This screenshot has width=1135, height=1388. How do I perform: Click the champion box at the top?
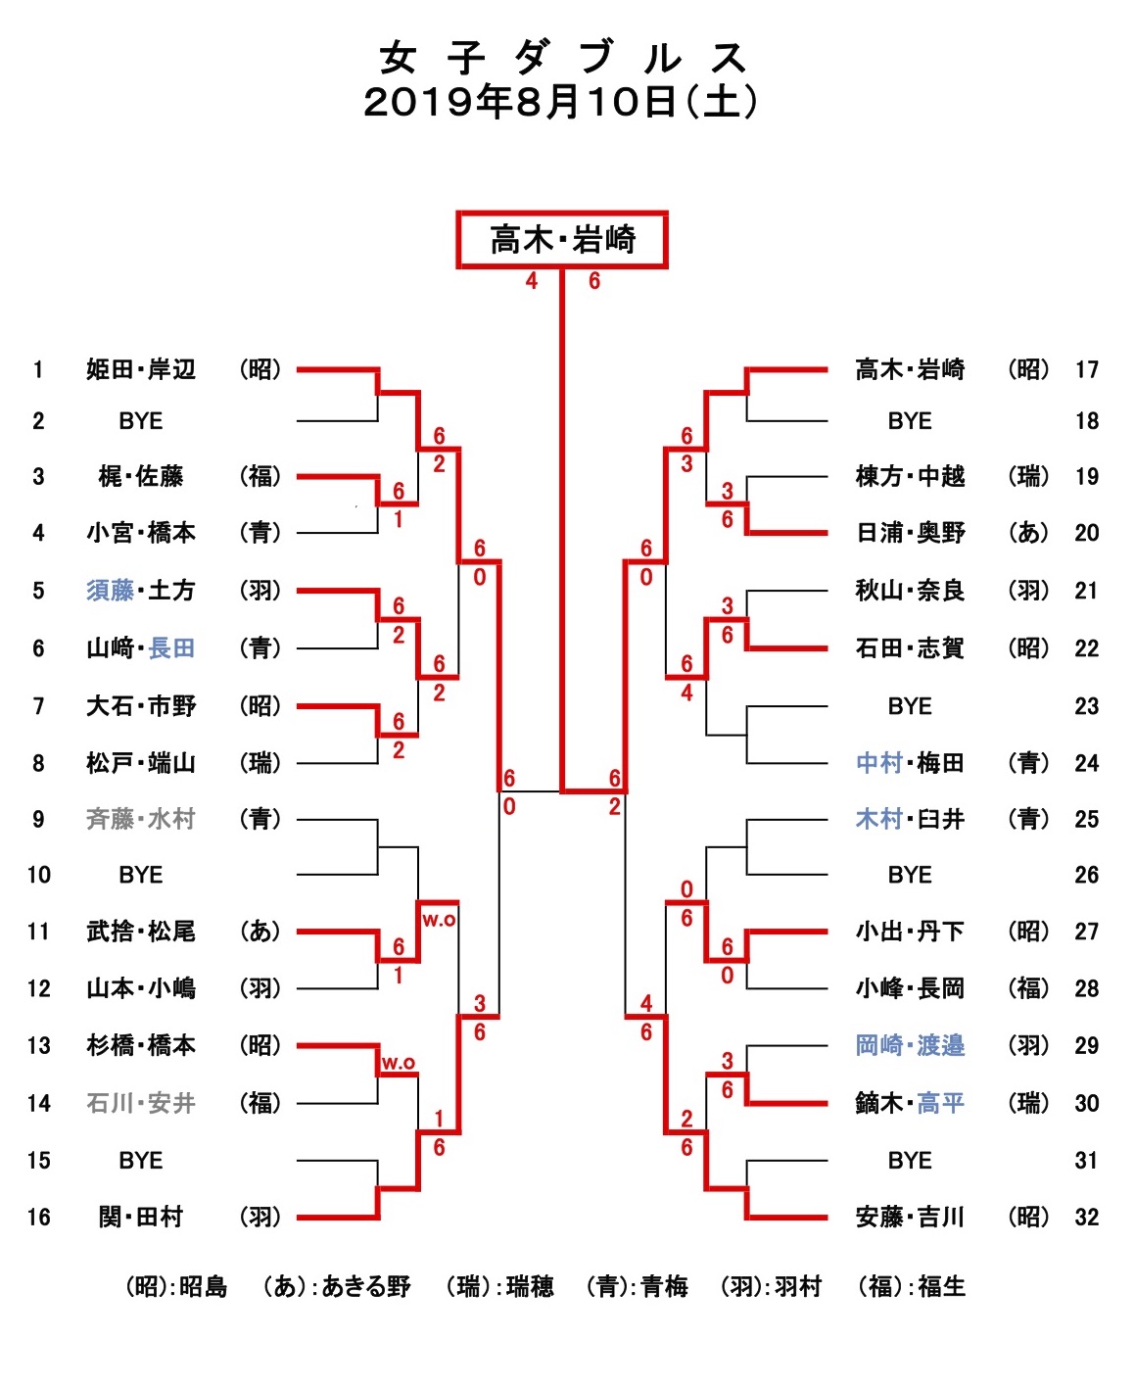pyautogui.click(x=562, y=239)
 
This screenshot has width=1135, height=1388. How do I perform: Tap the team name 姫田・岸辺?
pyautogui.click(x=141, y=369)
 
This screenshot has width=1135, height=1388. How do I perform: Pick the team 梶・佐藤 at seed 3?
pyautogui.click(x=141, y=476)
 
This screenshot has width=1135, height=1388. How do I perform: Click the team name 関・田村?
pyautogui.click(x=141, y=1217)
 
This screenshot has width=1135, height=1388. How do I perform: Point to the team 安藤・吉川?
pyautogui.click(x=910, y=1217)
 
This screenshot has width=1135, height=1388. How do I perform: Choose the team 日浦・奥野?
pyautogui.click(x=910, y=533)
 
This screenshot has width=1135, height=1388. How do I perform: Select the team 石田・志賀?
pyautogui.click(x=910, y=647)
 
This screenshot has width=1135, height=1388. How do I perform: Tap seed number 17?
pyautogui.click(x=1086, y=369)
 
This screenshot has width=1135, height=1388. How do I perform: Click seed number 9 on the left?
pyautogui.click(x=38, y=819)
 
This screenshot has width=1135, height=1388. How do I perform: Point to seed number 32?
pyautogui.click(x=1086, y=1217)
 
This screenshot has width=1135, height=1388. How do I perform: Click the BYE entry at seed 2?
pyautogui.click(x=141, y=421)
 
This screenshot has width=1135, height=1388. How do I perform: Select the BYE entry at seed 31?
pyautogui.click(x=910, y=1160)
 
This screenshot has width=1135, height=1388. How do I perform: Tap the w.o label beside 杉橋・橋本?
pyautogui.click(x=398, y=1063)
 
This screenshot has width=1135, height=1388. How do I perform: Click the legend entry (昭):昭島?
pyautogui.click(x=176, y=1286)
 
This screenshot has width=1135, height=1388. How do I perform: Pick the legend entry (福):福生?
pyautogui.click(x=911, y=1286)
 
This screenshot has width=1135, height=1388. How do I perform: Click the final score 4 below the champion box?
pyautogui.click(x=531, y=281)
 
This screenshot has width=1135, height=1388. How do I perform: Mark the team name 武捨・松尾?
pyautogui.click(x=141, y=931)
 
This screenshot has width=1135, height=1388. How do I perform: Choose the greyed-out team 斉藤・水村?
pyautogui.click(x=141, y=819)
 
